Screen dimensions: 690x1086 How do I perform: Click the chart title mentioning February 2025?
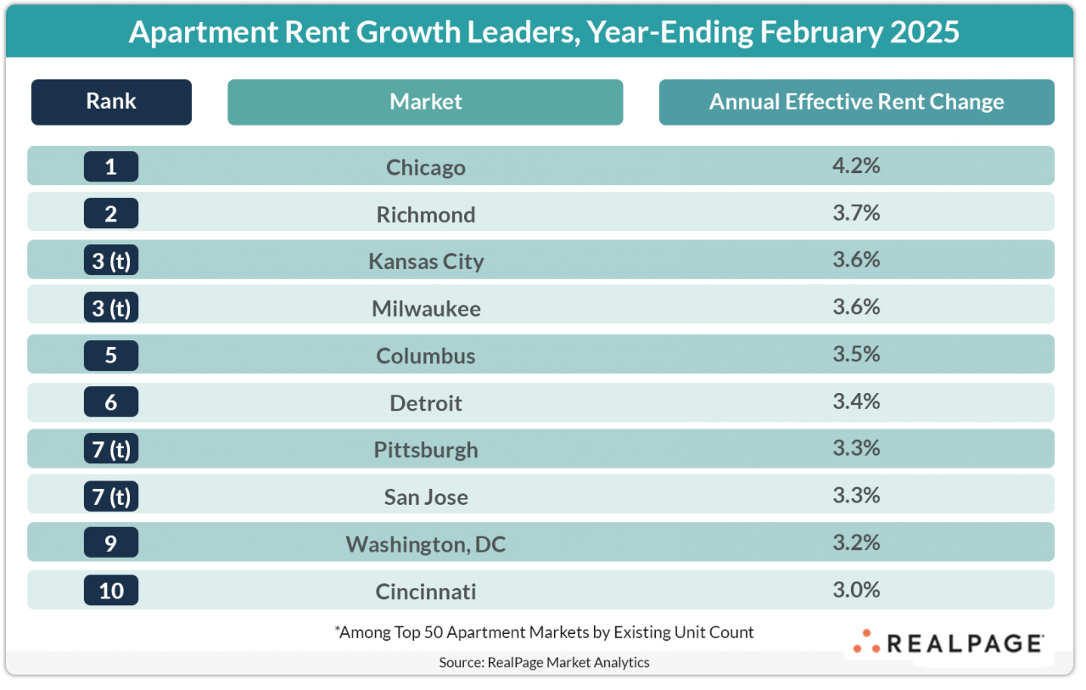pyautogui.click(x=543, y=31)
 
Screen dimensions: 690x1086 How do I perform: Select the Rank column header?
pyautogui.click(x=111, y=102)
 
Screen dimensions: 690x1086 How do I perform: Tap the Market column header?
pyautogui.click(x=425, y=102)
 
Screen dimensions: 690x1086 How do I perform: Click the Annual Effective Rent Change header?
pyautogui.click(x=856, y=102)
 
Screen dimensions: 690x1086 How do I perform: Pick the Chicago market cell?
pyautogui.click(x=425, y=167)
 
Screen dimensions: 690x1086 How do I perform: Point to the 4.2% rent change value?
pyautogui.click(x=856, y=165)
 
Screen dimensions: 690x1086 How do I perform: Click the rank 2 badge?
pyautogui.click(x=111, y=213)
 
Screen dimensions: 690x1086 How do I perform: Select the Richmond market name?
pyautogui.click(x=425, y=215)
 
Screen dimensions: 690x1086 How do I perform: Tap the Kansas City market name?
pyautogui.click(x=425, y=261)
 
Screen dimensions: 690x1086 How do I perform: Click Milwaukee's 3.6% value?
pyautogui.click(x=856, y=306)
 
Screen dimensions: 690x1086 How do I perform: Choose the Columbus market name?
pyautogui.click(x=425, y=356)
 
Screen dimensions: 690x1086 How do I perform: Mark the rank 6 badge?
pyautogui.click(x=111, y=401)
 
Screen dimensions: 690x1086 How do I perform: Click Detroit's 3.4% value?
pyautogui.click(x=856, y=401)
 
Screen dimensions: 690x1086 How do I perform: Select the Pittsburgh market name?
pyautogui.click(x=425, y=450)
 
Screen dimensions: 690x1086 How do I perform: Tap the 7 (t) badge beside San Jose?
pyautogui.click(x=111, y=496)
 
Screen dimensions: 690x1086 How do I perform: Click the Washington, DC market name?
pyautogui.click(x=425, y=544)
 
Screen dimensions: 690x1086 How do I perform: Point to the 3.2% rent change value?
pyautogui.click(x=856, y=541)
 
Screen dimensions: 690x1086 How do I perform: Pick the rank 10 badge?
pyautogui.click(x=111, y=590)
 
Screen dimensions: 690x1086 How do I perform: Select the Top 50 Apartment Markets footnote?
pyautogui.click(x=544, y=632)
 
